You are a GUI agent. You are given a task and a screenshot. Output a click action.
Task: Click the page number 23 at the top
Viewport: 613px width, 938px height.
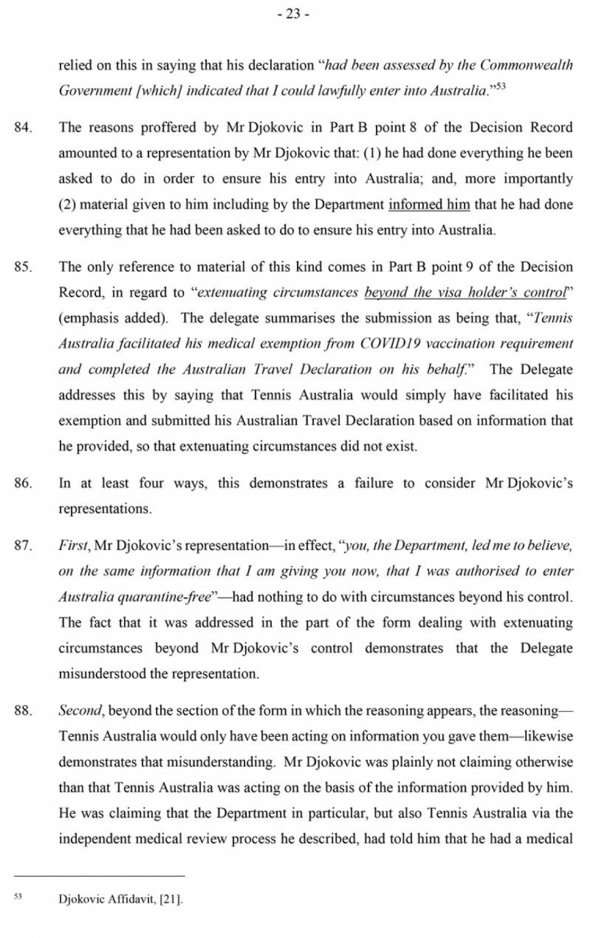294,14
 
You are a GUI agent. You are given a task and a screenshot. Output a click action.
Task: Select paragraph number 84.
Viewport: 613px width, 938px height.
22,127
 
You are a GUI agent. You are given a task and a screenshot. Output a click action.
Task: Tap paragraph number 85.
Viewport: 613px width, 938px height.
22,267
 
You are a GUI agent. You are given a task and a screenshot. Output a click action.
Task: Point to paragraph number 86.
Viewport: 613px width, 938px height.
22,483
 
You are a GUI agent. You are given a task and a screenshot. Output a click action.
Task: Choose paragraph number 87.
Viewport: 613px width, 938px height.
22,545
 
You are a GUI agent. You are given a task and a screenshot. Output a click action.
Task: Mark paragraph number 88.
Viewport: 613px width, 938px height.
22,710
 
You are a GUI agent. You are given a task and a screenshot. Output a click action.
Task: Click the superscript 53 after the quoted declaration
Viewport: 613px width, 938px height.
501,86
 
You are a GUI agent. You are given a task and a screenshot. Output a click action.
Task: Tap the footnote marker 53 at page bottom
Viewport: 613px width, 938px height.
18,896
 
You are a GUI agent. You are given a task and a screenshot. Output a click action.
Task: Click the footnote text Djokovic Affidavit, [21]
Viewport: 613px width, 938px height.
121,899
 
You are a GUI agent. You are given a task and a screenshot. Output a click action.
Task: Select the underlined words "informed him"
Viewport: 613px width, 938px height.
429,205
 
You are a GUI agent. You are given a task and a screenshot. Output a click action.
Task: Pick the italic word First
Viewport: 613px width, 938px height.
74,545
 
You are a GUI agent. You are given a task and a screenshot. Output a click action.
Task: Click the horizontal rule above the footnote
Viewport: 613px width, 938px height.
99,876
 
